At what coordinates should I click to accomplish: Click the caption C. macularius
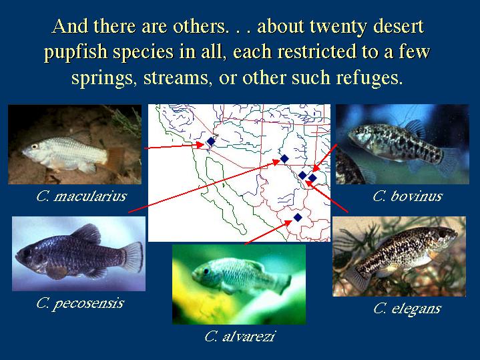pyautogui.click(x=81, y=196)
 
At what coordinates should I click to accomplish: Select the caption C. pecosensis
pyautogui.click(x=80, y=303)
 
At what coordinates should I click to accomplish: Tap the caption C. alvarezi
pyautogui.click(x=240, y=337)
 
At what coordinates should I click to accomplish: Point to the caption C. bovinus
pyautogui.click(x=407, y=196)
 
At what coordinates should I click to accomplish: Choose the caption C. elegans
pyautogui.click(x=407, y=309)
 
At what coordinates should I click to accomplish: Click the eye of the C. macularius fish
pyautogui.click(x=35, y=146)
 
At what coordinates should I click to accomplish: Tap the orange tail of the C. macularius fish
pyautogui.click(x=115, y=159)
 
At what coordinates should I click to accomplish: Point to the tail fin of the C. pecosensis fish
pyautogui.click(x=133, y=256)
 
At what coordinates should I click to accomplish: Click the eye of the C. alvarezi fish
pyautogui.click(x=206, y=271)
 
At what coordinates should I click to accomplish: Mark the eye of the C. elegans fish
pyautogui.click(x=443, y=234)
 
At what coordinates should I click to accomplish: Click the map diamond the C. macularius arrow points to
pyautogui.click(x=210, y=142)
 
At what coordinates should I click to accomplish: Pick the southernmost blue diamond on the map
pyautogui.click(x=298, y=218)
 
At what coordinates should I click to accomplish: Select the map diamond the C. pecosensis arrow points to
pyautogui.click(x=284, y=159)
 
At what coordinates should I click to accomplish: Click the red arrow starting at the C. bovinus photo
pyautogui.click(x=324, y=158)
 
